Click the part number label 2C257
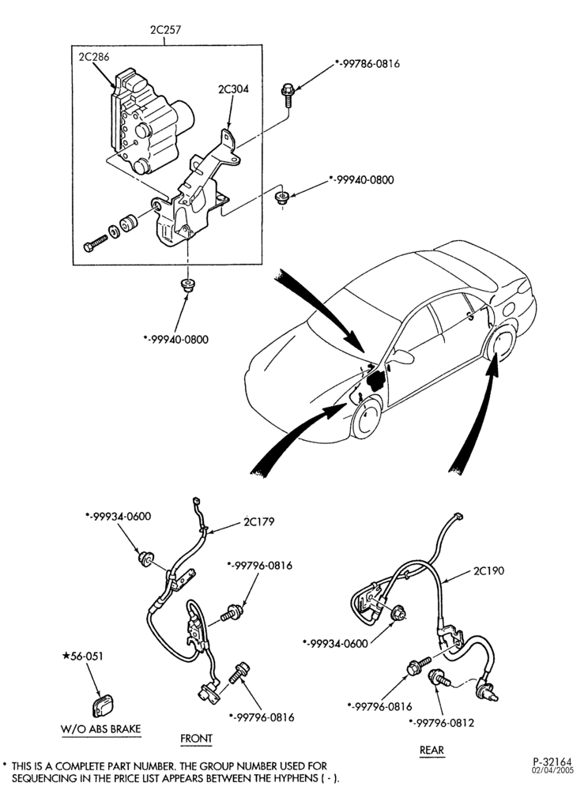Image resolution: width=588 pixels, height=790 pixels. (165, 30)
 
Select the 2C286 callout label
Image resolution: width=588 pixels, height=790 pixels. (94, 56)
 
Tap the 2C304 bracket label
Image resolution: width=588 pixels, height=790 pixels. (233, 89)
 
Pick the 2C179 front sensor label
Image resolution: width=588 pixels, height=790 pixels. (259, 521)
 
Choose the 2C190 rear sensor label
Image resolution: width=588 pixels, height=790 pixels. (488, 571)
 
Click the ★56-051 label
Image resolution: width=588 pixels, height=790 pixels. (81, 656)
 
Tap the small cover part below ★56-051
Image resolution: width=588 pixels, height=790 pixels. (104, 705)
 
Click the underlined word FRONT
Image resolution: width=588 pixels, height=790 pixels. (197, 738)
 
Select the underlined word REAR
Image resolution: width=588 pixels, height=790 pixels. (432, 750)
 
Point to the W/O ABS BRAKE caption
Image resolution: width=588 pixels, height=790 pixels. (101, 728)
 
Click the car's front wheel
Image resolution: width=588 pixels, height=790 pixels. (367, 417)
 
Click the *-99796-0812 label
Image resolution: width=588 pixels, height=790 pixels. (441, 723)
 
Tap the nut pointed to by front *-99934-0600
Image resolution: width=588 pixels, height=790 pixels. (145, 559)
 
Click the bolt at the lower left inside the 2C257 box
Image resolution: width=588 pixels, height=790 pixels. (95, 244)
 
